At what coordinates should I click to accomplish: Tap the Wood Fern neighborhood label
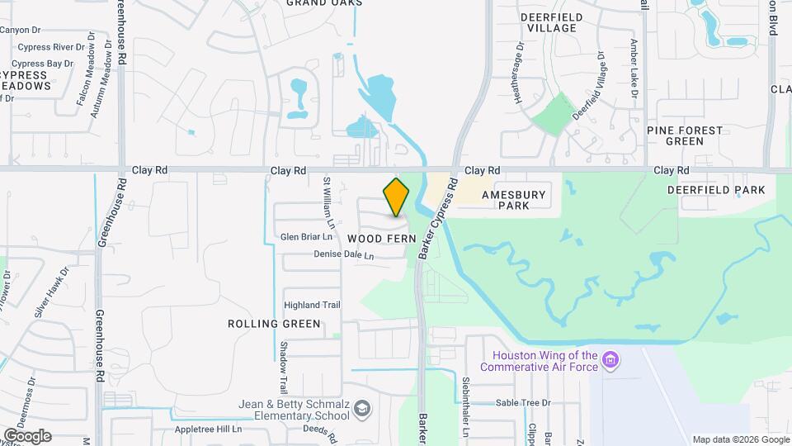375,238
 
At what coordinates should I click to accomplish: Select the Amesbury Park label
514,199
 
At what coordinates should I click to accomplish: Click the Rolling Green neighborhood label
274,324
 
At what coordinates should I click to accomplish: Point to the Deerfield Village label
552,22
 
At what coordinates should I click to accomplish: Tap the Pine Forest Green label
685,135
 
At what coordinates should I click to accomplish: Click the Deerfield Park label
716,190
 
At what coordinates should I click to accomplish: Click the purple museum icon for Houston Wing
610,360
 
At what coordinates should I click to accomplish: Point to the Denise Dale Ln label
343,255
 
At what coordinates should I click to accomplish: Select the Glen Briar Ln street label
306,237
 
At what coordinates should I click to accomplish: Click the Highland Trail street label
312,305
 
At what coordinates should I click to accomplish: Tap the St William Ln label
328,202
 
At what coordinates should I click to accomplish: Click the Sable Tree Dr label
522,403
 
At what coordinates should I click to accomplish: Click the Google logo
26,435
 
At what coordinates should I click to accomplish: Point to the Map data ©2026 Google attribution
739,439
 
